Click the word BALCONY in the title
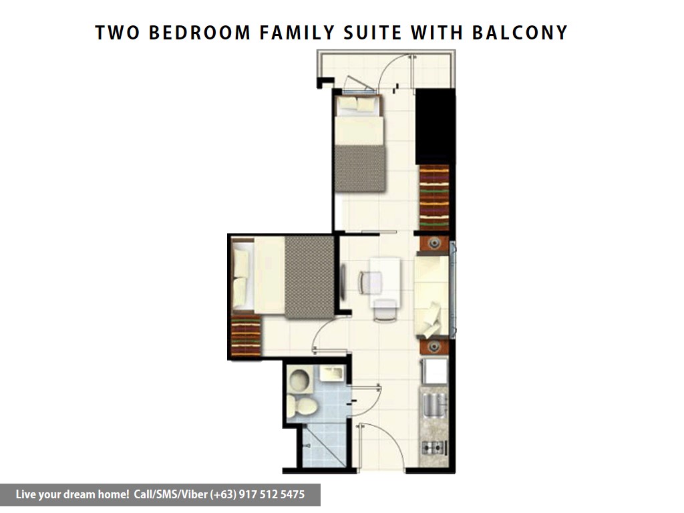click(520, 33)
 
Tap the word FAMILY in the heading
click(297, 33)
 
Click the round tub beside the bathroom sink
click(300, 380)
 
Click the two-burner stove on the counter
click(434, 447)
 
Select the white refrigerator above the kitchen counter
click(434, 371)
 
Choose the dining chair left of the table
click(370, 283)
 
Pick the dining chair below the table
click(385, 311)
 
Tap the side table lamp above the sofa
click(434, 243)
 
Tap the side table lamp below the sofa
click(434, 347)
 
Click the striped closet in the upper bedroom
click(434, 197)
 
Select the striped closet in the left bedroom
click(246, 335)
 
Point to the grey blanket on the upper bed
click(360, 168)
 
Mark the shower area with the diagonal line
click(324, 445)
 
